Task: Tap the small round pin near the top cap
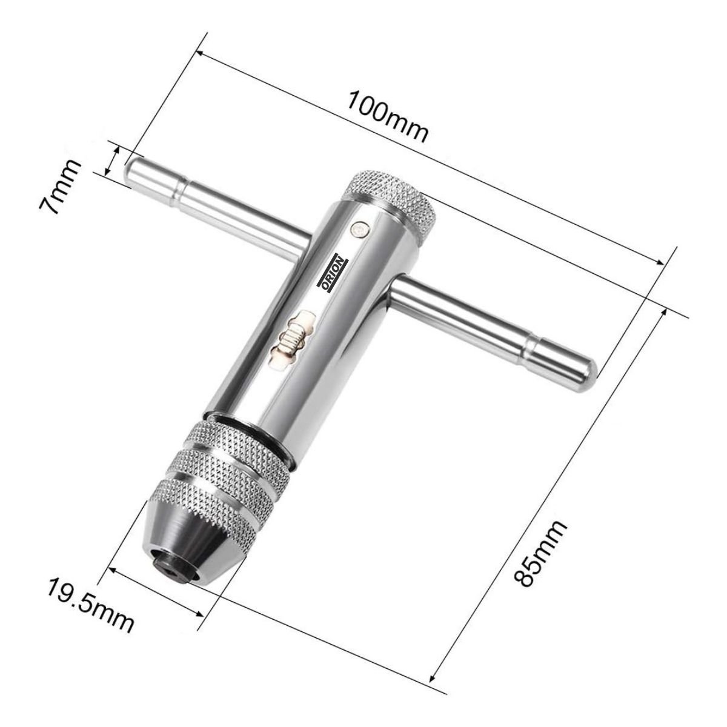pos(359,230)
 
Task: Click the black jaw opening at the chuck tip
pos(171,565)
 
